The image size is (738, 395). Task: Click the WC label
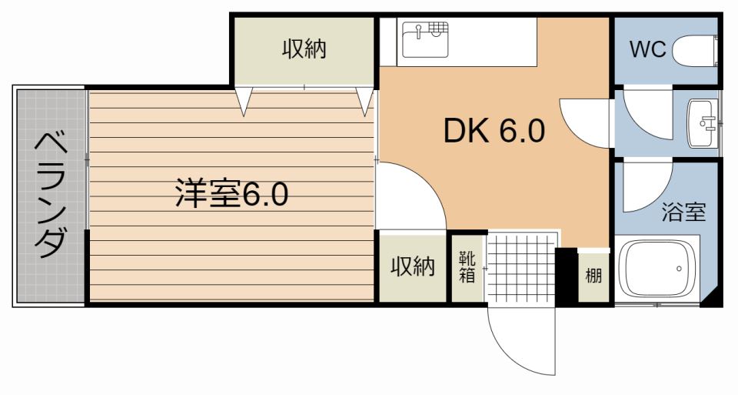(x=647, y=50)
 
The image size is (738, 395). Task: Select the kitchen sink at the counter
(x=425, y=39)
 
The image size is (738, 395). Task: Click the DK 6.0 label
(x=494, y=132)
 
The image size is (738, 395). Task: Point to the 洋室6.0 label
(x=231, y=194)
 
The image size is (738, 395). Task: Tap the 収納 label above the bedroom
(x=304, y=50)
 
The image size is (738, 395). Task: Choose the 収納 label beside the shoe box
(x=412, y=266)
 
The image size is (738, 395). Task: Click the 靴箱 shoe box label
(x=467, y=266)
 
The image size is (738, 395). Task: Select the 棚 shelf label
(x=593, y=276)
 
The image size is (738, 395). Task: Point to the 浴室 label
(x=684, y=213)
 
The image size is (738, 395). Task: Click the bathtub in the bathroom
(x=658, y=269)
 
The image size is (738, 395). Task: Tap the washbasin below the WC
(x=701, y=122)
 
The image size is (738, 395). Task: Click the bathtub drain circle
(x=679, y=269)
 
